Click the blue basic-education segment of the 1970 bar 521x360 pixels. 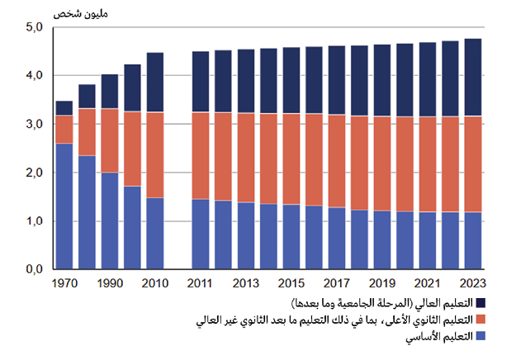click(64, 206)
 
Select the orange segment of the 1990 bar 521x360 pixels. click(110, 140)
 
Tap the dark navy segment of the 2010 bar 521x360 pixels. click(155, 83)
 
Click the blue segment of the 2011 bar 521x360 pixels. click(201, 234)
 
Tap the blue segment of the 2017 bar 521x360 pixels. click(337, 239)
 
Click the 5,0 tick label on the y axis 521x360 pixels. click(35, 28)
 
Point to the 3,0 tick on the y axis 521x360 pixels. click(35, 124)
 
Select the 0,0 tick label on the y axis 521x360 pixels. click(35, 269)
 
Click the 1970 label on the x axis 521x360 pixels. click(64, 283)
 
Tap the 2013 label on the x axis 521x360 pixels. click(246, 283)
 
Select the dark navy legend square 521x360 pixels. click(480, 304)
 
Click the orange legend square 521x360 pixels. click(480, 320)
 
